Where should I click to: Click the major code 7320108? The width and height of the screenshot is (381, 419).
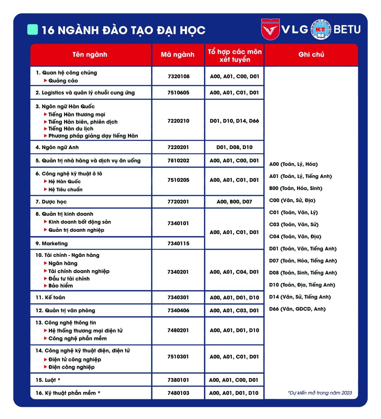pos(179,76)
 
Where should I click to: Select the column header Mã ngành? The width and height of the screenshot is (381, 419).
pos(178,55)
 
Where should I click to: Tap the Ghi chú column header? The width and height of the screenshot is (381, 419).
pos(311,55)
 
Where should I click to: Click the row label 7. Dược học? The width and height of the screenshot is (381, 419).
pos(51,202)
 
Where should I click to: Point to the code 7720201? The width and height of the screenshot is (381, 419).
pos(178,202)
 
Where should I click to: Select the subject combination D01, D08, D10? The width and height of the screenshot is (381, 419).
pos(234,147)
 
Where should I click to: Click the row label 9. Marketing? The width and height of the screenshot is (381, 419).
pos(52,244)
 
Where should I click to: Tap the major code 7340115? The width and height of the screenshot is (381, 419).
pos(178,244)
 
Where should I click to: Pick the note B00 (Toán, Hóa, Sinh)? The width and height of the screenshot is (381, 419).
pos(296,188)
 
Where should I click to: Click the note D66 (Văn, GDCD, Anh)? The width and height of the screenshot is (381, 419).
pos(297,309)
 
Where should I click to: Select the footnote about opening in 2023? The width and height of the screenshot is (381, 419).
pos(320,393)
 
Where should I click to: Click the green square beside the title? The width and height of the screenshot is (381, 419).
pos(33,30)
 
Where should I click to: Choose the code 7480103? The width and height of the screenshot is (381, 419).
pos(178,393)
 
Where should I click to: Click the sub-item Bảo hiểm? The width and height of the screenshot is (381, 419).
pos(61,286)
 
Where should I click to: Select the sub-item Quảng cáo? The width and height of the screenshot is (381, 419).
pos(63,81)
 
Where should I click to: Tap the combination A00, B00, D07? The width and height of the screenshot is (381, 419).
pos(234,202)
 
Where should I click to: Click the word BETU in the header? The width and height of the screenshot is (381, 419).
pos(347,29)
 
